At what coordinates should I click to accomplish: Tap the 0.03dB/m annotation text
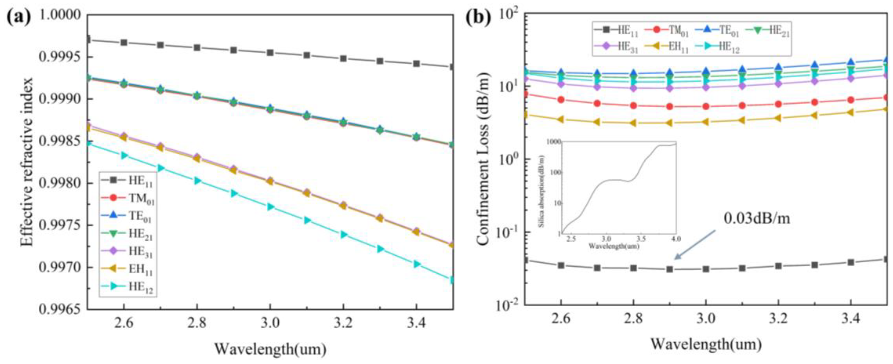click(x=757, y=218)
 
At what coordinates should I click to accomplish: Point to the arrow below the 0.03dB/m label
click(x=694, y=245)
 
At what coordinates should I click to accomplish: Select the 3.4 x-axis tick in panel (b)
click(x=850, y=319)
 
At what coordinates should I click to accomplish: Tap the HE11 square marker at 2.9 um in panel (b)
click(x=669, y=269)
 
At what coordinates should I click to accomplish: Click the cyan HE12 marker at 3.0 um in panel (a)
click(x=270, y=207)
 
